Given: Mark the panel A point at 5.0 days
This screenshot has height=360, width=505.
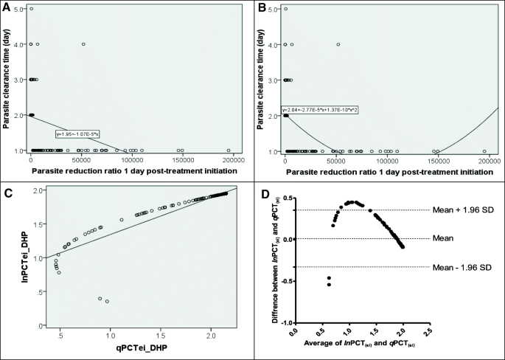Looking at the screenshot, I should (31, 9).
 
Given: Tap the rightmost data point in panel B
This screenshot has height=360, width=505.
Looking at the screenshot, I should (484, 150).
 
